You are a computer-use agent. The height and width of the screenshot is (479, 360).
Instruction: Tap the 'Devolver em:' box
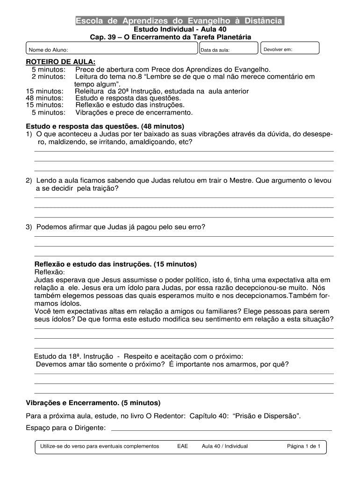click(289, 49)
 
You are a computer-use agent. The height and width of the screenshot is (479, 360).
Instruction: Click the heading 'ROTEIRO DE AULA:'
click(60, 62)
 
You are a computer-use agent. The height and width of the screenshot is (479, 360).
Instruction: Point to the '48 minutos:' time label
click(45, 98)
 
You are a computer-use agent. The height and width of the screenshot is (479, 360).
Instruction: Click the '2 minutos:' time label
click(48, 77)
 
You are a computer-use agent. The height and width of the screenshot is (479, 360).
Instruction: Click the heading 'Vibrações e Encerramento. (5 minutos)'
click(93, 403)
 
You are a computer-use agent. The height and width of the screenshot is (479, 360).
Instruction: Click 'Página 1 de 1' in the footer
click(303, 446)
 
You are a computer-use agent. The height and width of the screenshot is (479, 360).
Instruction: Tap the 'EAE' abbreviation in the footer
click(182, 446)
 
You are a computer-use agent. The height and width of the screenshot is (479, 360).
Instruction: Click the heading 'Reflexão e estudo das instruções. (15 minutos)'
click(115, 264)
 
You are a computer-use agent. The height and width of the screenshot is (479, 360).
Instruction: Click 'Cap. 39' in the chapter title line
click(103, 37)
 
